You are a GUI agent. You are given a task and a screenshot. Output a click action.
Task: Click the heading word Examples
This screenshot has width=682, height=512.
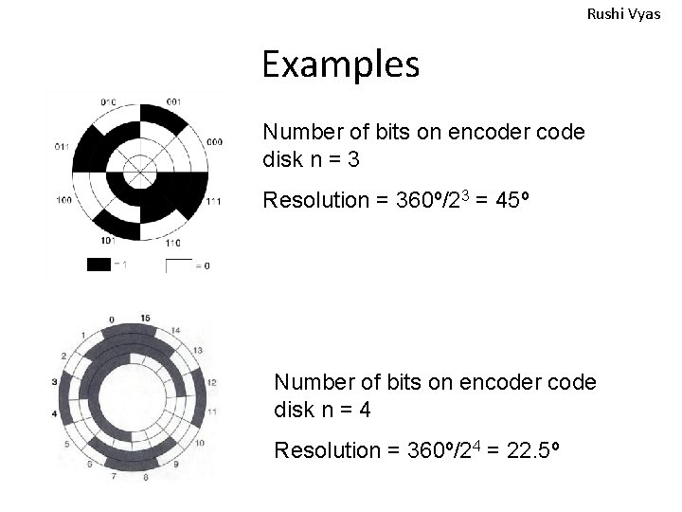click(x=341, y=64)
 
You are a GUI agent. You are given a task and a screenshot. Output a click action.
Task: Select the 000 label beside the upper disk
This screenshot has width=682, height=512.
click(x=214, y=141)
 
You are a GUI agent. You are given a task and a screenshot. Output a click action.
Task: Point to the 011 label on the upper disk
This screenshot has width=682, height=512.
click(x=62, y=147)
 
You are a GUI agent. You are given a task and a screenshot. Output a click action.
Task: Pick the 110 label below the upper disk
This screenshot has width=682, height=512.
click(x=173, y=244)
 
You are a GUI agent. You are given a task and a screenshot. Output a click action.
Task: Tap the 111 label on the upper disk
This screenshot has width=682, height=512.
click(x=214, y=201)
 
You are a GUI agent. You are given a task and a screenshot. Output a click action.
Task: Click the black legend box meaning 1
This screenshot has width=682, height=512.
click(x=99, y=265)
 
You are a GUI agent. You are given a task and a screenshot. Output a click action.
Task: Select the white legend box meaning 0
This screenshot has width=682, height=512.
click(x=179, y=265)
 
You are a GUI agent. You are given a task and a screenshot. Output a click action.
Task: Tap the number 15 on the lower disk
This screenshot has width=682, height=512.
click(x=144, y=318)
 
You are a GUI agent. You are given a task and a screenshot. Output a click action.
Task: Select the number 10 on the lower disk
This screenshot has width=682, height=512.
click(x=198, y=444)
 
